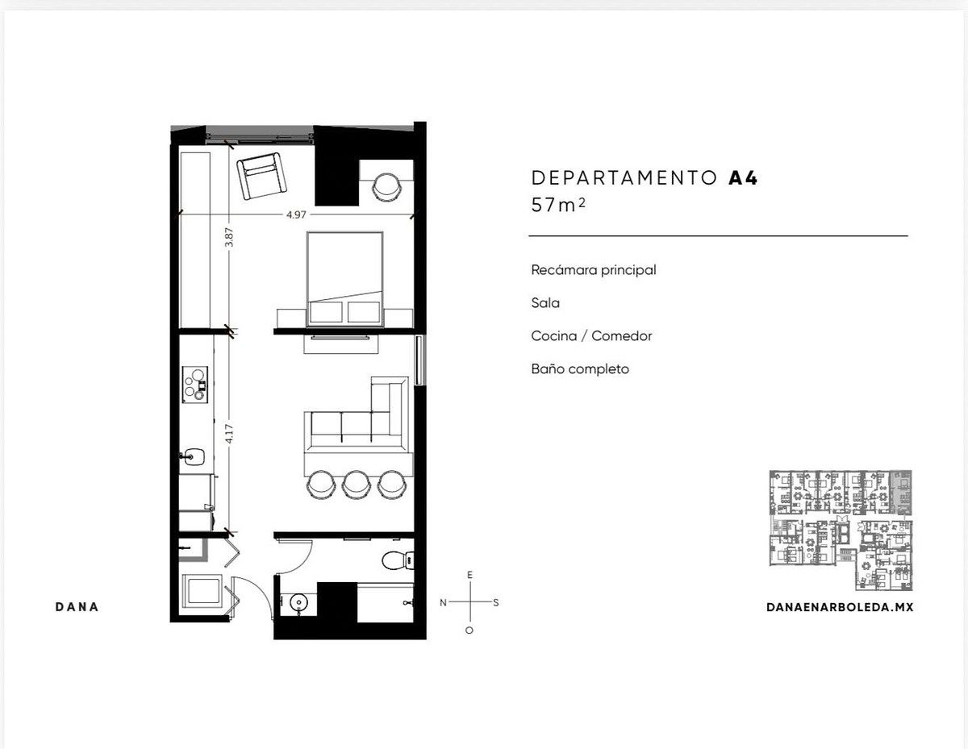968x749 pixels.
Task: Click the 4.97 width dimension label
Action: (296, 214)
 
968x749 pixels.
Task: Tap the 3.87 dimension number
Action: (229, 237)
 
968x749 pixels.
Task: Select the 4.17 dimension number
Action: (229, 434)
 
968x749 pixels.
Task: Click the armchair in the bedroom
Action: (261, 176)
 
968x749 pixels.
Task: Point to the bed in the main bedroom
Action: (344, 279)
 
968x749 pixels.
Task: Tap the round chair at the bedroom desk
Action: (386, 186)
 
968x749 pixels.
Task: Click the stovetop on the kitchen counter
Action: (194, 385)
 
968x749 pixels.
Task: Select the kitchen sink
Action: (193, 456)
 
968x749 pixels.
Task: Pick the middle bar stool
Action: (357, 485)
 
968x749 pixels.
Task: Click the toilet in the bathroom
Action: (398, 560)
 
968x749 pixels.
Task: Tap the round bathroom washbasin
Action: (298, 603)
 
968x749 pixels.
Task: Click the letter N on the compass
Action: (443, 602)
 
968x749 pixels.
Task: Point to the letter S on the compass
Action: (496, 602)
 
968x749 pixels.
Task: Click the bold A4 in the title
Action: (743, 178)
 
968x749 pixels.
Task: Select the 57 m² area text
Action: (558, 205)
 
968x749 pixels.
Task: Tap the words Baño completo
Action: (580, 369)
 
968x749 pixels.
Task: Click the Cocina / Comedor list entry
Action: (591, 336)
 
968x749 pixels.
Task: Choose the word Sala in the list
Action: (545, 303)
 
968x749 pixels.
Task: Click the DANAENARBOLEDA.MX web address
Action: (840, 607)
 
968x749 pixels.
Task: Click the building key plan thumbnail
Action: (841, 531)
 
